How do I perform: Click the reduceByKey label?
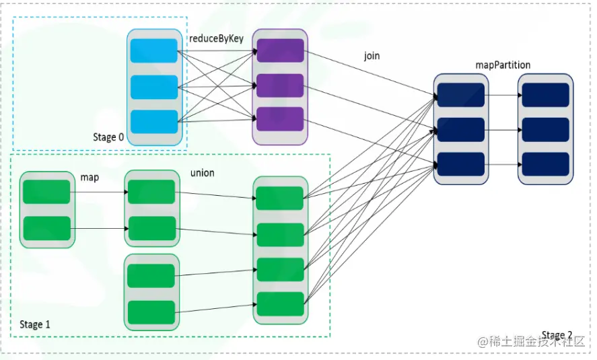215,39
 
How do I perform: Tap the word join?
372,56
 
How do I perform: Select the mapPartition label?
502,65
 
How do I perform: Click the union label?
202,173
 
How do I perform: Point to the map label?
90,177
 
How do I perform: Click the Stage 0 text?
108,137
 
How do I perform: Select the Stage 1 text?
35,324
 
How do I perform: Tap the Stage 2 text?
557,334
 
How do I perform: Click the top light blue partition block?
154,52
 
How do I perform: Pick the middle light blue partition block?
154,87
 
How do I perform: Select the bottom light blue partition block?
154,121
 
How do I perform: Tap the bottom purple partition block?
279,118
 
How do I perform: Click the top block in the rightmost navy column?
546,96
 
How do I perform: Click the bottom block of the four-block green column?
280,304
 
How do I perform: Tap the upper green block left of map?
46,192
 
